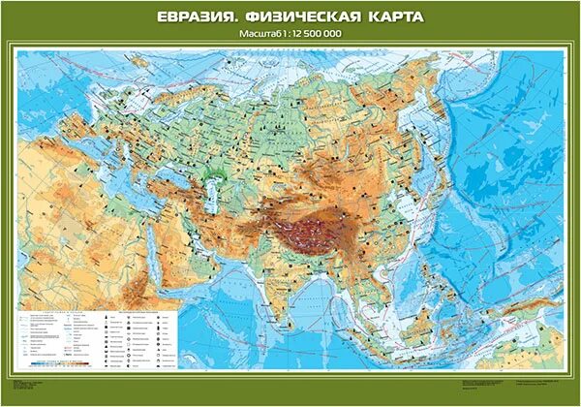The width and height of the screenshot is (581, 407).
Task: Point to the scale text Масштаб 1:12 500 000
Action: coord(290,36)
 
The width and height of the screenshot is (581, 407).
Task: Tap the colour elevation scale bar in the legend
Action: coord(58,367)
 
